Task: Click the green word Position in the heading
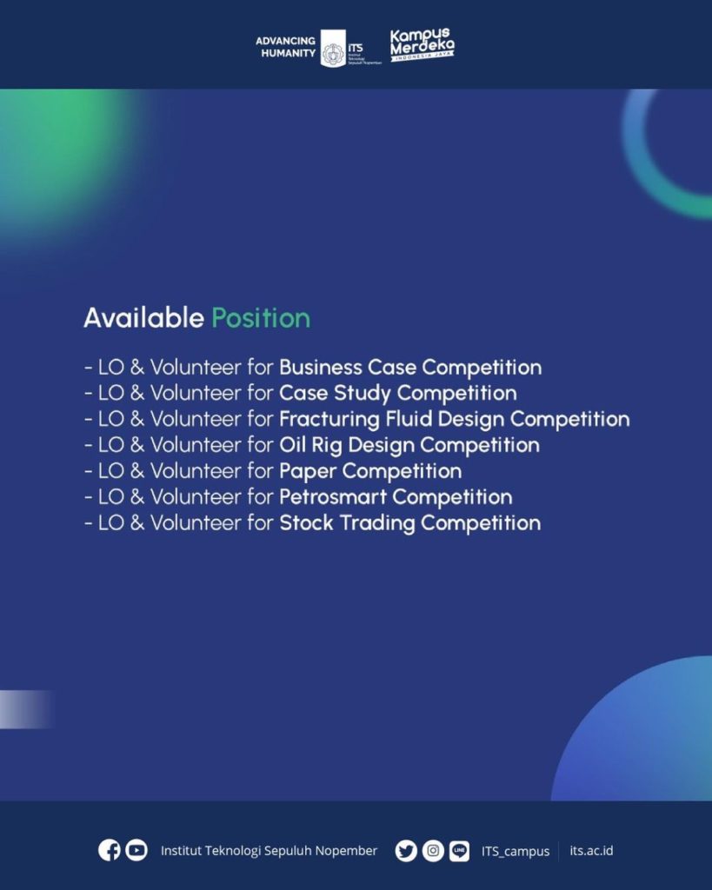tap(261, 318)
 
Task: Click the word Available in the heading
tap(143, 318)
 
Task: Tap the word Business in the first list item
tap(320, 368)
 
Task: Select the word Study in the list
tap(362, 394)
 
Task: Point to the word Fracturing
tap(329, 420)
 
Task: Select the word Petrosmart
tap(333, 497)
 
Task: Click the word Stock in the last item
tap(306, 522)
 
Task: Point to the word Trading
tap(377, 523)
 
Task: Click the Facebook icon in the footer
tap(109, 850)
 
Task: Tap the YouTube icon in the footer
tap(136, 850)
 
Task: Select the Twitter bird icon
tap(406, 851)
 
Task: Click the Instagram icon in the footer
tap(433, 851)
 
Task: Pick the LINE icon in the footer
tap(459, 851)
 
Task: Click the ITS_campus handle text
tap(516, 852)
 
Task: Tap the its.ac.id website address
tap(591, 850)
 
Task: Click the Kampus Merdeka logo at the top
tap(422, 44)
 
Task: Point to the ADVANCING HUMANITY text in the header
tap(286, 47)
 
